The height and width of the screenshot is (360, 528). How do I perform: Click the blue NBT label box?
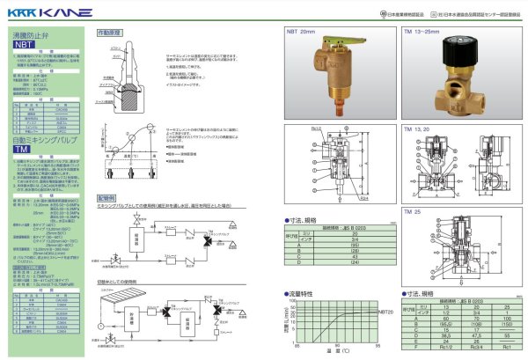click(x=25, y=42)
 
